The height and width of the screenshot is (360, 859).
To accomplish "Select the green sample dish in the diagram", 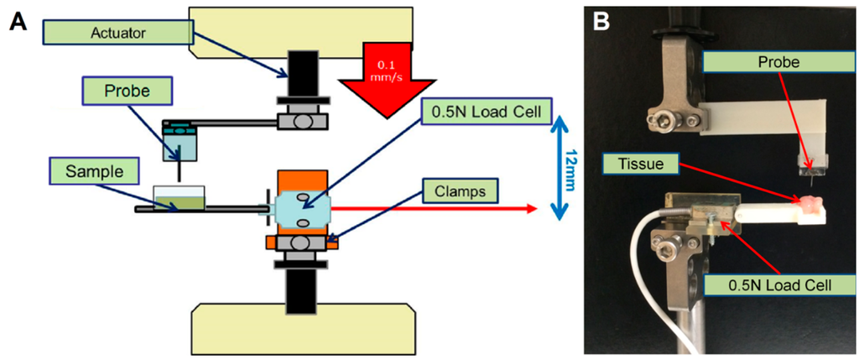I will pos(180,200).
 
